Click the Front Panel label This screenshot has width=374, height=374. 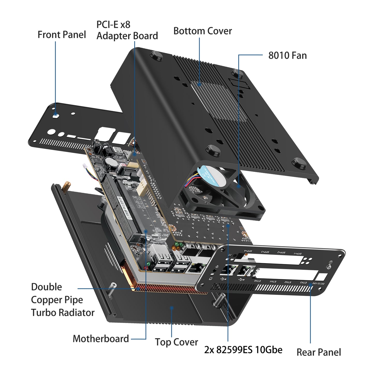[62, 35]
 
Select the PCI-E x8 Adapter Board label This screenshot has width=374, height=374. [127, 30]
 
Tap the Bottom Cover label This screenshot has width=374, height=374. [202, 31]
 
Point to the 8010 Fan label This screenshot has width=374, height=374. [287, 56]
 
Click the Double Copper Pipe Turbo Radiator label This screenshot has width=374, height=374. [62, 300]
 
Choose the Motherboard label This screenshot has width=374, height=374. [101, 339]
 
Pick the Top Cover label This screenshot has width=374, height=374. [177, 342]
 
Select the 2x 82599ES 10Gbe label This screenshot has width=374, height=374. [243, 350]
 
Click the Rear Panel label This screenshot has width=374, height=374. [319, 352]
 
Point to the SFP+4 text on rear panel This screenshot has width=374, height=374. [248, 251]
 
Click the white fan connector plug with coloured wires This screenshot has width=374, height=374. [85, 166]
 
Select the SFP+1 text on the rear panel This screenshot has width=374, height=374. [298, 253]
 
